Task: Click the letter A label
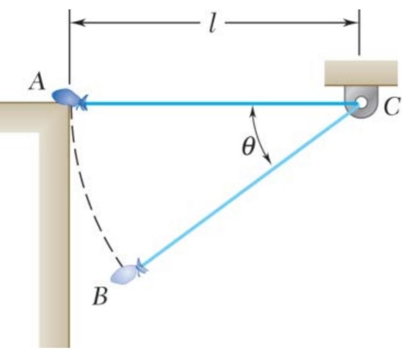click(x=36, y=83)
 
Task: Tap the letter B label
click(x=100, y=297)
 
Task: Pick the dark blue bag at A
click(x=66, y=97)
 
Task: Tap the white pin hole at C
click(x=361, y=102)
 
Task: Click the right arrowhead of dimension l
click(x=352, y=23)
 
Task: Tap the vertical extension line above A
click(x=70, y=47)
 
